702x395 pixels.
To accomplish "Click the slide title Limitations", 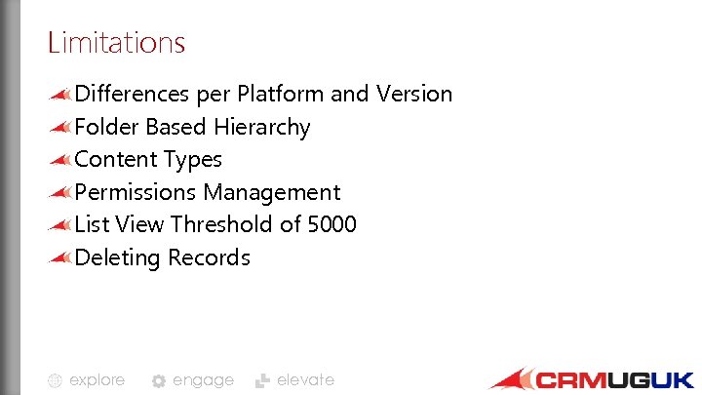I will [116, 43].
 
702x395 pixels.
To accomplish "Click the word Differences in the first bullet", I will [132, 95].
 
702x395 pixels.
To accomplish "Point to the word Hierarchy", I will [263, 128].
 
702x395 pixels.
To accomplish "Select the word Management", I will [272, 193].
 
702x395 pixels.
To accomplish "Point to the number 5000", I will [331, 225].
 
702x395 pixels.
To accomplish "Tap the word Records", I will [209, 258].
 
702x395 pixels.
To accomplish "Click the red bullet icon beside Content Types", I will [60, 160].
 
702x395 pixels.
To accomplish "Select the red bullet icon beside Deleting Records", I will [60, 258].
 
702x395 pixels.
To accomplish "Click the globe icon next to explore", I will [56, 381].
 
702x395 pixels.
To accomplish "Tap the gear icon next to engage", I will [159, 381].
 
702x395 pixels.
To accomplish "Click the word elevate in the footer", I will [305, 380].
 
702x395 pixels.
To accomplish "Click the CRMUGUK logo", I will [592, 379].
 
